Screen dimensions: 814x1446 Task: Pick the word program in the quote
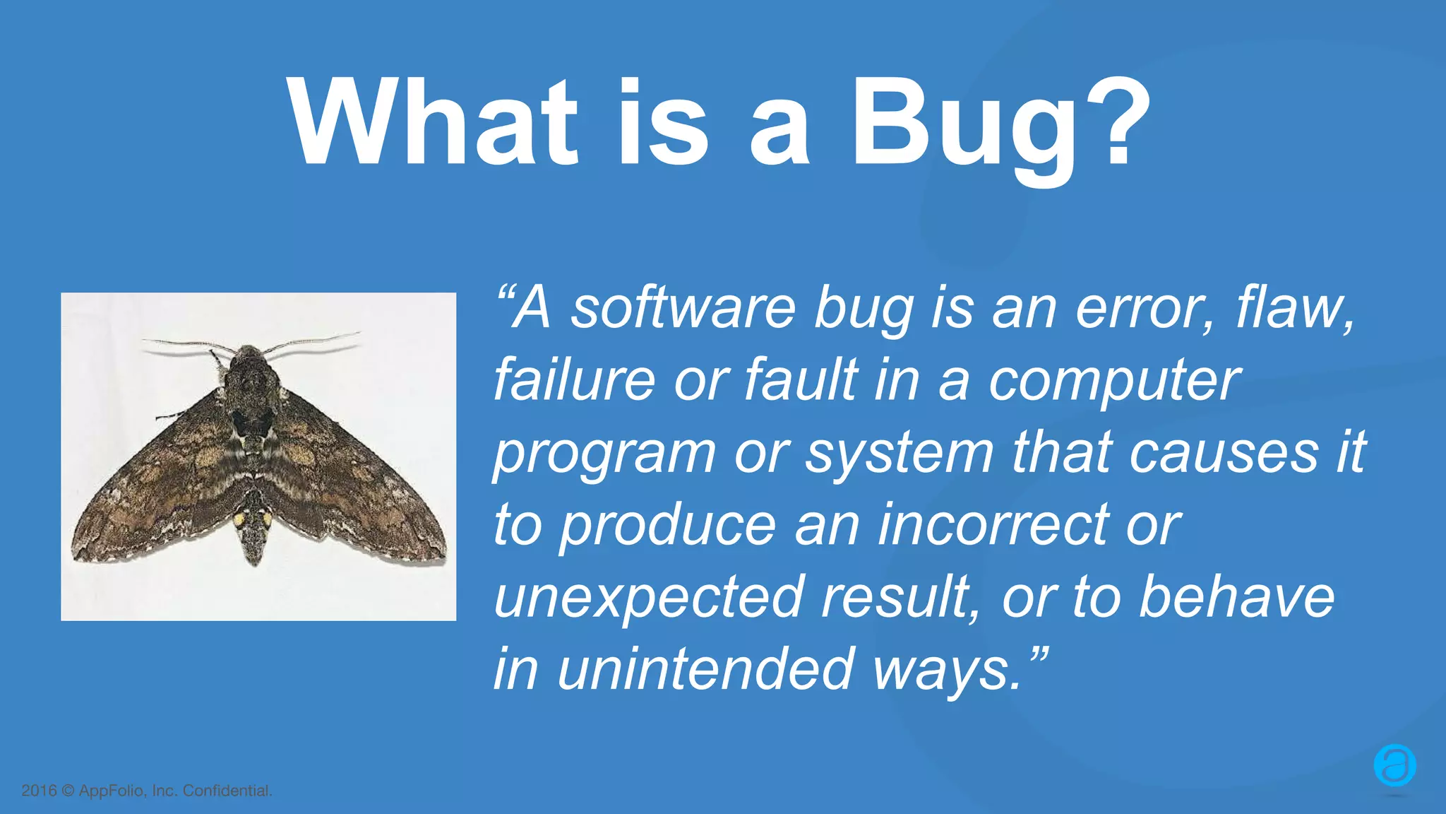(x=604, y=454)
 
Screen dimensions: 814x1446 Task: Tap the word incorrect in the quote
(x=993, y=525)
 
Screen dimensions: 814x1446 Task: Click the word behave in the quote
(x=1236, y=597)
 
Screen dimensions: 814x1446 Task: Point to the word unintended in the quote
(x=705, y=669)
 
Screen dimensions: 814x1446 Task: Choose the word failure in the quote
(x=574, y=380)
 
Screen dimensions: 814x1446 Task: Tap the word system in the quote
(x=900, y=454)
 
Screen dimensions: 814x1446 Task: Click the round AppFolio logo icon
(x=1394, y=766)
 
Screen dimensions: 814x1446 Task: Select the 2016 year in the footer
(x=39, y=791)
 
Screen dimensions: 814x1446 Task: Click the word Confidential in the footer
(x=227, y=791)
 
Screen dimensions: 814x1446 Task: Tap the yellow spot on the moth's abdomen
(x=240, y=519)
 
